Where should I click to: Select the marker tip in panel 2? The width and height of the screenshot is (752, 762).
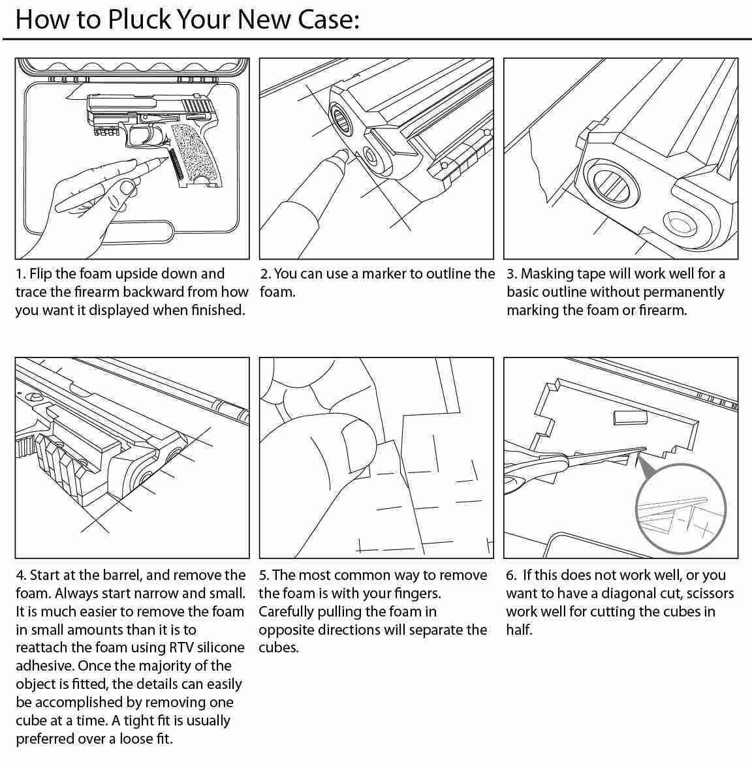(x=340, y=155)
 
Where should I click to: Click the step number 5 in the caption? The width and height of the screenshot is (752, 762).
(x=263, y=575)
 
